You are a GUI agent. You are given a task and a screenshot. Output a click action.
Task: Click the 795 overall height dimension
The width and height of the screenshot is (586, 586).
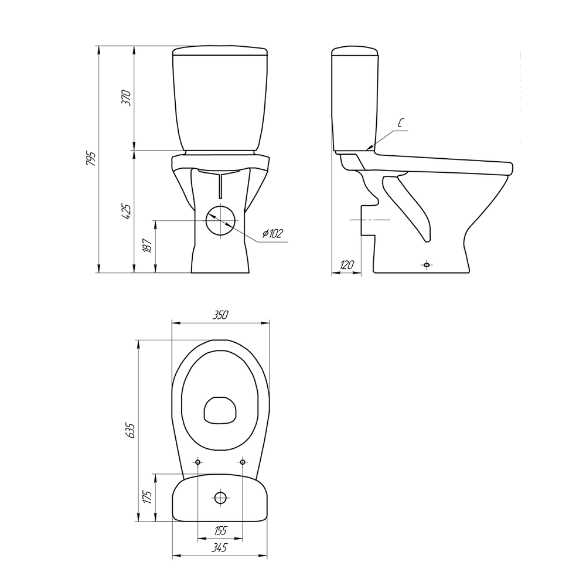pos(90,158)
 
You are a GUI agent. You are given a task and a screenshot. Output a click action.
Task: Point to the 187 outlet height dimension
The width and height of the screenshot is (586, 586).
pos(148,246)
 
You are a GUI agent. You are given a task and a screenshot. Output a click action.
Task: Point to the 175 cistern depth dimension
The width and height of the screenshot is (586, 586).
pos(148,498)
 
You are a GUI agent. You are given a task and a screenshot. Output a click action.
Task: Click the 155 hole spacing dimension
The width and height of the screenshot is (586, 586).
pos(220,530)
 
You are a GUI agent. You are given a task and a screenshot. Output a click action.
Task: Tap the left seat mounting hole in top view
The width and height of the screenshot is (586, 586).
pos(197,463)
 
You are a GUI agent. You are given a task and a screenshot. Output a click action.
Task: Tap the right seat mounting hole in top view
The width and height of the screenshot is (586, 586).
pos(243,463)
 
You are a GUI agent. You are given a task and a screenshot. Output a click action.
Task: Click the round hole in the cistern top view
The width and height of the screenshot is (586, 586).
pos(220,498)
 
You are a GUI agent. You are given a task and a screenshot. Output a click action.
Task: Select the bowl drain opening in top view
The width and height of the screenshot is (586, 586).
pos(220,408)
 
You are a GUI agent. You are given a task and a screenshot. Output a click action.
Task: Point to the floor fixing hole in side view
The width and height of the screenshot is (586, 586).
pos(427,264)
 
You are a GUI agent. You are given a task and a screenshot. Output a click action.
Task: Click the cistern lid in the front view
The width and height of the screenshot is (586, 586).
pos(220,51)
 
